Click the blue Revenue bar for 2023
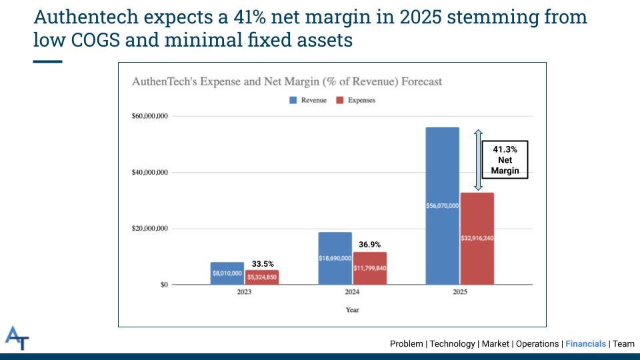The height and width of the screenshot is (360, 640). (227, 273)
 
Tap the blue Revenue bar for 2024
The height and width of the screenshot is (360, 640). (335, 258)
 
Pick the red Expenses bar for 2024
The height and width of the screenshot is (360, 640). (369, 268)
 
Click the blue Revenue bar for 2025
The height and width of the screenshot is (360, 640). (442, 206)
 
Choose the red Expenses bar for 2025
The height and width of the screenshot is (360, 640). (477, 238)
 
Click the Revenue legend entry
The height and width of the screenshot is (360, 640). (308, 100)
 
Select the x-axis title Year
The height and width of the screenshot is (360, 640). (352, 310)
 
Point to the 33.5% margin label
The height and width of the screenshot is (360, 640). (263, 264)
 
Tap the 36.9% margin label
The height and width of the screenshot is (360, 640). (370, 245)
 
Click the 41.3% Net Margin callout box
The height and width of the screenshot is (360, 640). (505, 161)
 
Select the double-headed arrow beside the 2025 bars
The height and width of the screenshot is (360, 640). (477, 160)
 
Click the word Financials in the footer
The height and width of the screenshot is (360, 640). (585, 344)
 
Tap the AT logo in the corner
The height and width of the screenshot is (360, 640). (17, 338)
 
